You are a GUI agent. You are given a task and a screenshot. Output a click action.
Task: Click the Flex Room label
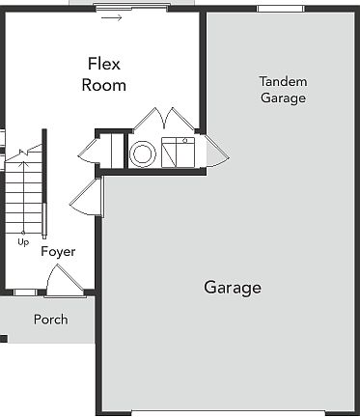(x=103, y=74)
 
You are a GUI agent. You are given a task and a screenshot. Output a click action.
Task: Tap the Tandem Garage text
(x=283, y=89)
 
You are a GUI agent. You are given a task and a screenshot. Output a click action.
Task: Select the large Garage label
(x=232, y=288)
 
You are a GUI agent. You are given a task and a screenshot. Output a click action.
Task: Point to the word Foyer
(x=58, y=251)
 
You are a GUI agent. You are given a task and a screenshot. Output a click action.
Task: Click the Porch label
(x=50, y=320)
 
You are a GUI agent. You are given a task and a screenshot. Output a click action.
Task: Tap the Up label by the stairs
(x=23, y=241)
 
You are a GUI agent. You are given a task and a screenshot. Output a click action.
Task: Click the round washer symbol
(x=143, y=153)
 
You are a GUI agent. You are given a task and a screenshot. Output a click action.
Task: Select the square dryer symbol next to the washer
(x=178, y=152)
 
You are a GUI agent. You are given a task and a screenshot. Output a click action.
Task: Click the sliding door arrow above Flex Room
(x=113, y=17)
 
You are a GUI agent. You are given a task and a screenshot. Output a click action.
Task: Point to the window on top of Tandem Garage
(x=280, y=8)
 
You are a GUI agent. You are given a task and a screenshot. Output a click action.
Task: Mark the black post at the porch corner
(x=3, y=338)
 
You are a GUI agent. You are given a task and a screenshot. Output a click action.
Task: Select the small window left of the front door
(x=25, y=292)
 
